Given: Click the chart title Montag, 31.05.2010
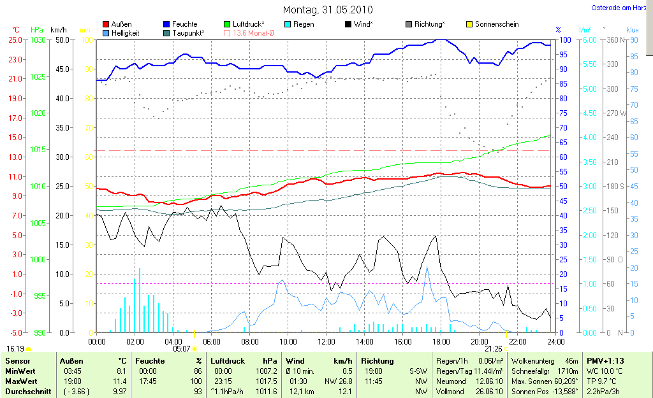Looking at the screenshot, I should [328, 10].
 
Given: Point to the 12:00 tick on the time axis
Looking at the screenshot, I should [326, 342].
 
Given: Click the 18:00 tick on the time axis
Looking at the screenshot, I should [441, 342].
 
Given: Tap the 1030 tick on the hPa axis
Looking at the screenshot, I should [38, 39].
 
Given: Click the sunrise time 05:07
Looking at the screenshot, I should [182, 349].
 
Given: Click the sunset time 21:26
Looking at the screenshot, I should [493, 349].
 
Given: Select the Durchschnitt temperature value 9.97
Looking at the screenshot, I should [119, 391].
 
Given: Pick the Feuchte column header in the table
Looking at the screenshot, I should [149, 360].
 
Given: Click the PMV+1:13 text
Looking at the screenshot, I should [606, 360].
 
